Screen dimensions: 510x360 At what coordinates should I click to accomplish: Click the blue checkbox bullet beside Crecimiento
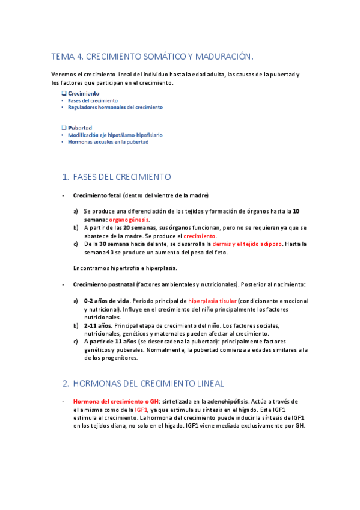64,94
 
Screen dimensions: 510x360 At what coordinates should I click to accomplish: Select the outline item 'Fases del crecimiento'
93,100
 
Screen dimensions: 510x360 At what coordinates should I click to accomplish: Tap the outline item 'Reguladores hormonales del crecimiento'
115,107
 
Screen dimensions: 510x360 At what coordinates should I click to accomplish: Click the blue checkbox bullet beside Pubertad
64,128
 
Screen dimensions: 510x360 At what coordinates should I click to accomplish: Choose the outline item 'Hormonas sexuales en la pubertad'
108,142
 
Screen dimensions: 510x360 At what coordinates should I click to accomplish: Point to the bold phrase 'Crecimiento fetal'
97,195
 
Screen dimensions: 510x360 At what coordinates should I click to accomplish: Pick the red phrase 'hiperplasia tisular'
212,301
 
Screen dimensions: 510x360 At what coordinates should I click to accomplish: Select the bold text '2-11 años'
98,325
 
